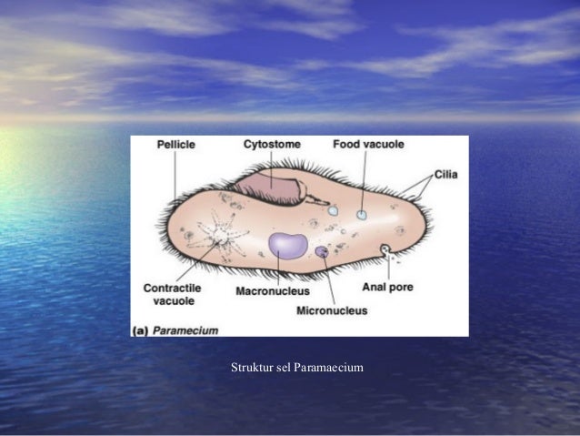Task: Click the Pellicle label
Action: (175, 144)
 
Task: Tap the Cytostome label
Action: (272, 144)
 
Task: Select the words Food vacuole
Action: (368, 144)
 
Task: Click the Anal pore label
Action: (388, 287)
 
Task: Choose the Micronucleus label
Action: (332, 310)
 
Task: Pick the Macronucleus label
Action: (272, 291)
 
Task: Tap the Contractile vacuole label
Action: (172, 293)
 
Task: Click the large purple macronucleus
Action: (288, 246)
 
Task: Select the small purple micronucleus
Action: (321, 250)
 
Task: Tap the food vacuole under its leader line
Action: (362, 216)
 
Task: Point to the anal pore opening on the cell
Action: (385, 248)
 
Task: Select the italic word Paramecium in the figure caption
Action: (185, 330)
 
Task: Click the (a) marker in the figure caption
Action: (141, 330)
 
